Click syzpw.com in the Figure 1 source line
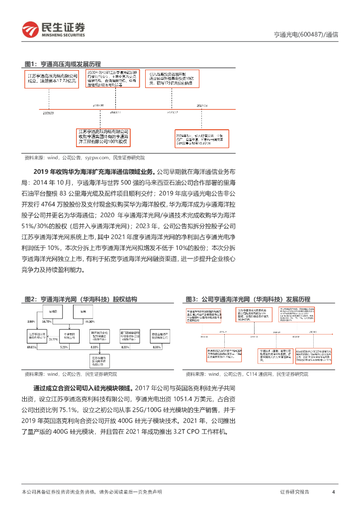coord(97,158)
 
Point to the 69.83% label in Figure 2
coord(31,347)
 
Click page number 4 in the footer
coord(333,492)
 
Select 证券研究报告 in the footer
coord(294,492)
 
